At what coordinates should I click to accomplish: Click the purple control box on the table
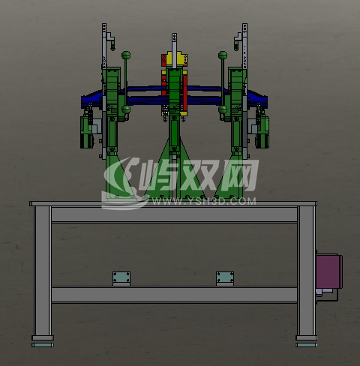tap(328, 271)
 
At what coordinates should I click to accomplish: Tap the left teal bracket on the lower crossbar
tap(121, 277)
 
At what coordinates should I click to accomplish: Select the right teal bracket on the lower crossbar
tap(225, 277)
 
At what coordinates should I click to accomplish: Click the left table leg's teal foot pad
tap(43, 345)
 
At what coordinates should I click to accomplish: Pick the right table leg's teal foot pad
tap(306, 345)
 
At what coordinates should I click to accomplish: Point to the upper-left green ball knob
tap(126, 55)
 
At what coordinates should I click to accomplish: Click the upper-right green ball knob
tap(223, 55)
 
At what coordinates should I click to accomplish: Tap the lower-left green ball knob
tap(126, 109)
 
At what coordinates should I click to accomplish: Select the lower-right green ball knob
tap(223, 109)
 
